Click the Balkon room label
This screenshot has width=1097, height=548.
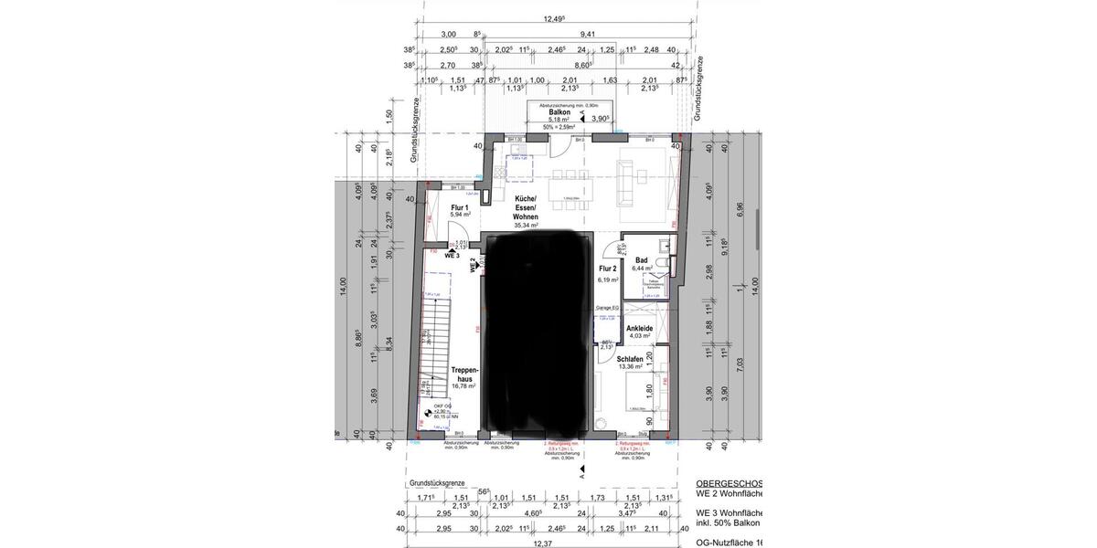click(559, 111)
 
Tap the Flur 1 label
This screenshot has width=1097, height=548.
click(459, 207)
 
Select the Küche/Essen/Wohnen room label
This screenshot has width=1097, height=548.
click(525, 207)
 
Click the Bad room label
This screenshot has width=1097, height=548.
click(642, 260)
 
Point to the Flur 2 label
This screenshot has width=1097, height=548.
click(608, 269)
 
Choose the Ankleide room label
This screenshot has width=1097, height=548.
click(640, 328)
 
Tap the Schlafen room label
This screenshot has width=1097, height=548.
click(630, 360)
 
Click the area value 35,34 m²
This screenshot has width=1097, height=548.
click(525, 224)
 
